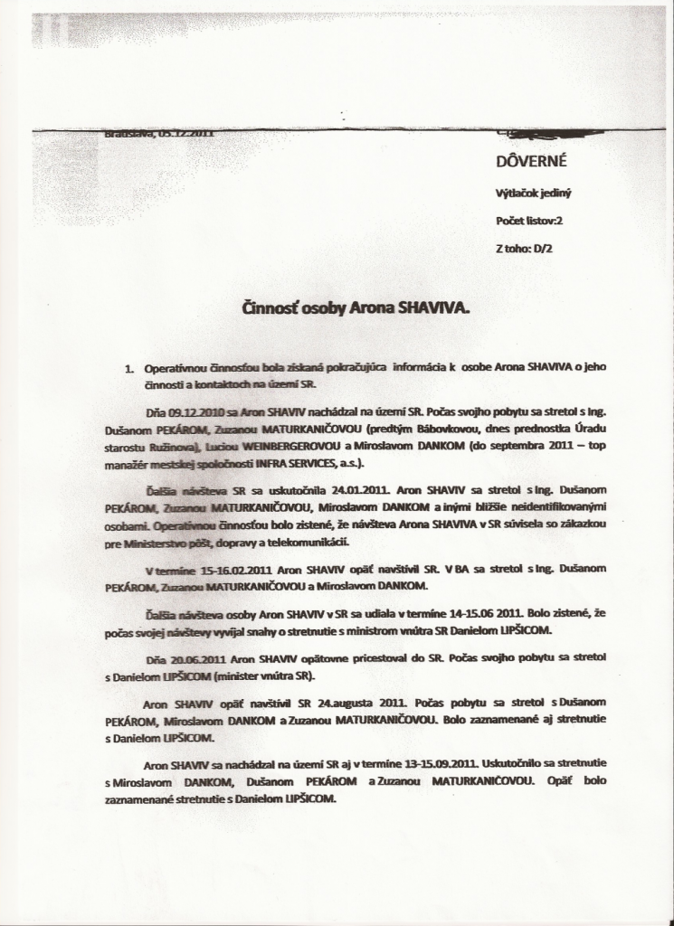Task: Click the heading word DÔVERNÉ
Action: coord(528,162)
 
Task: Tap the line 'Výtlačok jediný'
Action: coord(535,192)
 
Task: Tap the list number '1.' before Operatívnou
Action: coord(130,369)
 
